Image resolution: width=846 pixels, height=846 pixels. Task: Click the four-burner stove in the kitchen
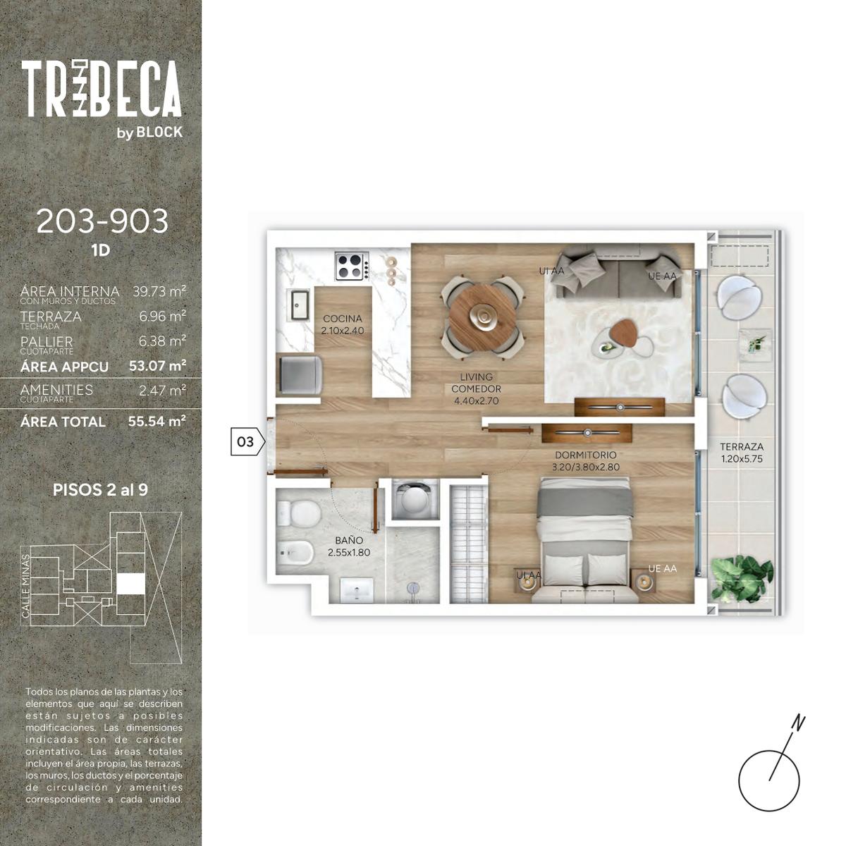[352, 266]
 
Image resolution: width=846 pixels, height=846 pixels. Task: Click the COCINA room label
[343, 318]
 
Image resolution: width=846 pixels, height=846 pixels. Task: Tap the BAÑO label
[349, 541]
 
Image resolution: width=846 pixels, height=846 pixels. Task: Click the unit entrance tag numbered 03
[248, 441]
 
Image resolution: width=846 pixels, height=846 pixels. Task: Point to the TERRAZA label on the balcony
[742, 447]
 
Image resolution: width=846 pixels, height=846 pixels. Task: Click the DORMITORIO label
[586, 455]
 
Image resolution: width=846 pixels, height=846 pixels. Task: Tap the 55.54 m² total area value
[157, 421]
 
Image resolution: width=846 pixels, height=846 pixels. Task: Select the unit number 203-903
[102, 221]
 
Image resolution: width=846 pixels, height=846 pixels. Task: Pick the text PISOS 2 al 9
[101, 489]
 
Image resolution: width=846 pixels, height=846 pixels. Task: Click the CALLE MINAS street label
[25, 586]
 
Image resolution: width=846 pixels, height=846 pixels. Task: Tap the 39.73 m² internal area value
[159, 291]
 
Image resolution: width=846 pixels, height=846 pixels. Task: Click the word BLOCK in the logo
[159, 132]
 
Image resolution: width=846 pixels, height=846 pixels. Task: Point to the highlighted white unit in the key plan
[130, 584]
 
